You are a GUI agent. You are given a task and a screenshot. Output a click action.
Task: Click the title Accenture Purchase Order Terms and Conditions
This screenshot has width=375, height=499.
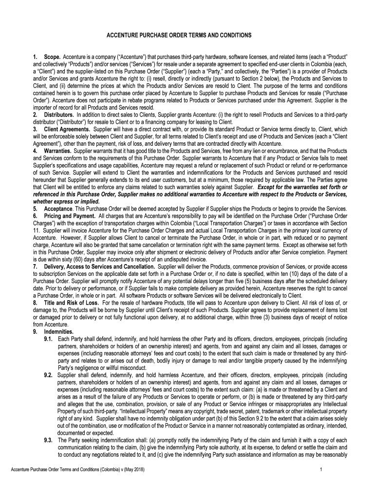coord(187,36)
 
